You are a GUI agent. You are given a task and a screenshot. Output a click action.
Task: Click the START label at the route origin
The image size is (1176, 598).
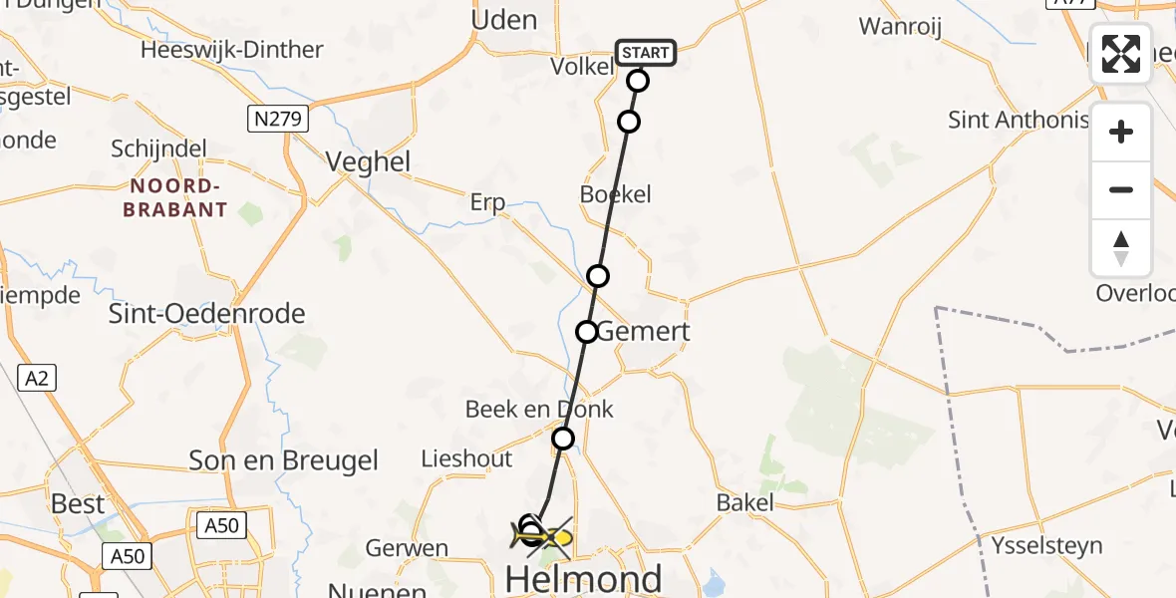click(646, 53)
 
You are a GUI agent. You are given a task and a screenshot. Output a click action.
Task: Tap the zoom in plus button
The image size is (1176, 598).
click(1121, 132)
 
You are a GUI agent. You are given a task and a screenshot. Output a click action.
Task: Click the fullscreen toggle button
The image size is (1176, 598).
click(1121, 54)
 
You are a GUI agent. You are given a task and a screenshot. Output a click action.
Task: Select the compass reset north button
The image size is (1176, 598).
click(1121, 247)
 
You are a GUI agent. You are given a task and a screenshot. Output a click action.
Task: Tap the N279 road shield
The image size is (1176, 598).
click(278, 120)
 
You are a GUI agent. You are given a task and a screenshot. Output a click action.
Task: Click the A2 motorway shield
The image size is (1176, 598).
click(38, 378)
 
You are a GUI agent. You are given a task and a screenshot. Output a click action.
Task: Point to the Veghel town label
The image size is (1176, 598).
click(369, 162)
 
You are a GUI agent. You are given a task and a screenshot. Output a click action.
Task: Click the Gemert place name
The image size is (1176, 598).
click(643, 332)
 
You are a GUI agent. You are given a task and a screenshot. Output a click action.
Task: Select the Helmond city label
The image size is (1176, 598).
click(584, 578)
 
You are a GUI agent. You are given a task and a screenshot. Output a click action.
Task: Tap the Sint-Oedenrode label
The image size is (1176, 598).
click(206, 314)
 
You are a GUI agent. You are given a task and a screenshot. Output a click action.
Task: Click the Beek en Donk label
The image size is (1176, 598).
click(539, 410)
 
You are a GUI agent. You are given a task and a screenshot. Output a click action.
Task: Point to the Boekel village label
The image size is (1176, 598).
click(615, 194)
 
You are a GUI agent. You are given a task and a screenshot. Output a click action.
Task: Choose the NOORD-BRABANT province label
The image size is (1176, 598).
click(174, 197)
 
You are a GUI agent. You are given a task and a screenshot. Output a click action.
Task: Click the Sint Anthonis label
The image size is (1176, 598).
click(1018, 121)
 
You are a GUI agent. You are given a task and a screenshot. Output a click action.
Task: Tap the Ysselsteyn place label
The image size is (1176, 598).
click(1046, 545)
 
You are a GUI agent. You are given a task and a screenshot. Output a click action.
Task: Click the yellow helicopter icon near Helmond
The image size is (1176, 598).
click(544, 537)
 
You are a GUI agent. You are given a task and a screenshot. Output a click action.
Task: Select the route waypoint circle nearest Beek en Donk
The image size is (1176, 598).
click(563, 439)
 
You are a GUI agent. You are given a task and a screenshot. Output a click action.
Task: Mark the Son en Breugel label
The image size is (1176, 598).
click(284, 460)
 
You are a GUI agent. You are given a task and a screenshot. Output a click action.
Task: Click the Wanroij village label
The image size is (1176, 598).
click(900, 27)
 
